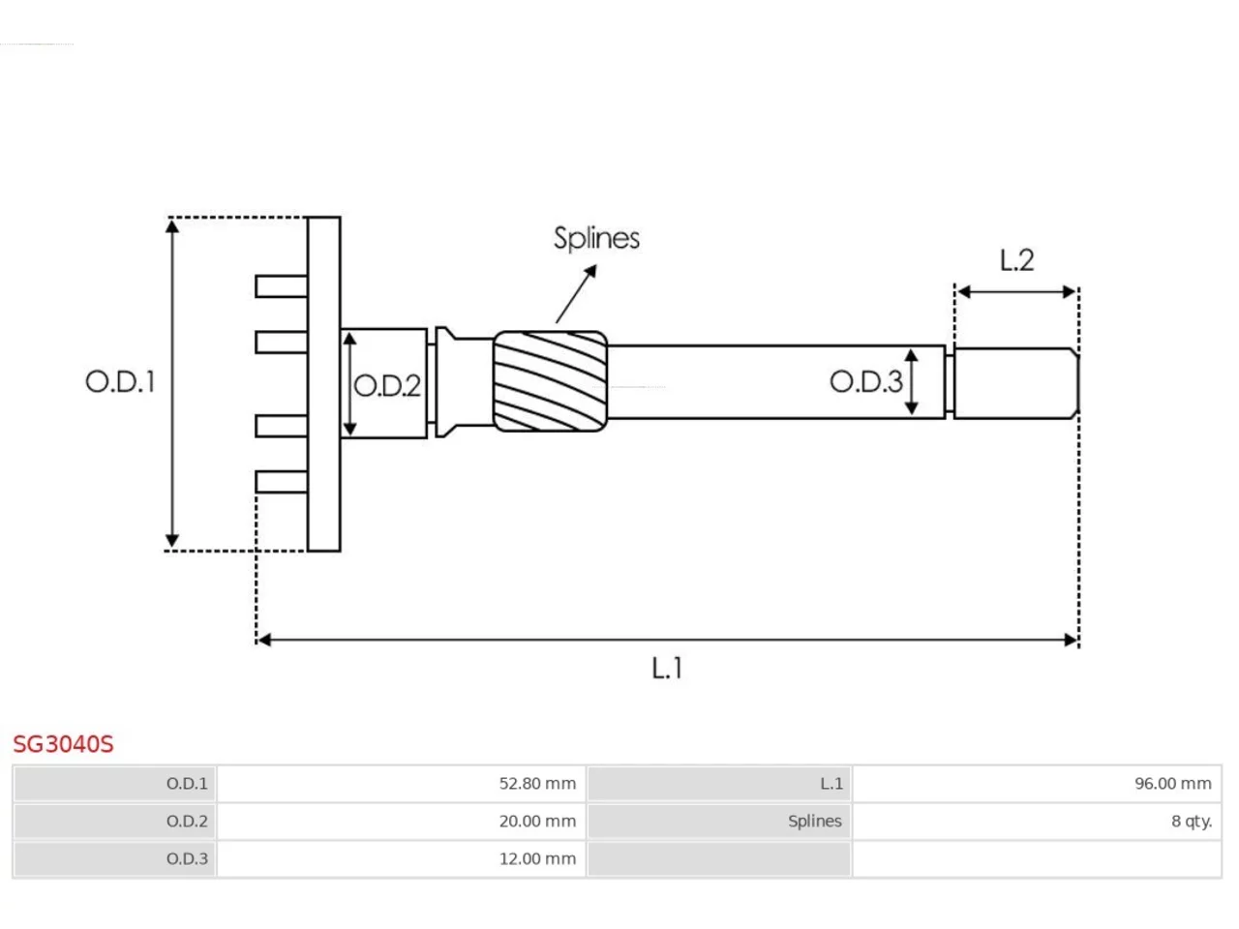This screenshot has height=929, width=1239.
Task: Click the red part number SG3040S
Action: point(63,744)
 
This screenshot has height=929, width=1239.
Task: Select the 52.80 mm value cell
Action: point(401,784)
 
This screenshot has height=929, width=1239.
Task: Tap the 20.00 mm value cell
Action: point(401,822)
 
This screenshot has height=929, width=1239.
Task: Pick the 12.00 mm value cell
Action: point(401,859)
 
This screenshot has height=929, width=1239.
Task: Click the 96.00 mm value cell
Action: point(1037,784)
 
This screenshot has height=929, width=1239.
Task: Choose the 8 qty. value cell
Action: point(1037,822)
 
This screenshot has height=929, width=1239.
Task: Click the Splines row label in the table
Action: point(718,822)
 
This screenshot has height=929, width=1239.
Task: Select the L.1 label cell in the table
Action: point(718,784)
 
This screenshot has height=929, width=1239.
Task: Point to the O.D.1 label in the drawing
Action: point(120,382)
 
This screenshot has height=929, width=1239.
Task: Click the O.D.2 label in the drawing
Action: point(386,386)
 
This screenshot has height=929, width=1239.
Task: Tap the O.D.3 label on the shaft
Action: point(866,382)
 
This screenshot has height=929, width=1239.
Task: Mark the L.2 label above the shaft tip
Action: point(1016,260)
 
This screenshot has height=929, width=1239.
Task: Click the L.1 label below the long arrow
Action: point(667,669)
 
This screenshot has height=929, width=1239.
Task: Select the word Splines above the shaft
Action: point(596,239)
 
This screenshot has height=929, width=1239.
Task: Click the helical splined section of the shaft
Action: point(551,381)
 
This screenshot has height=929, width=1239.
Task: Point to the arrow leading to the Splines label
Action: point(576,293)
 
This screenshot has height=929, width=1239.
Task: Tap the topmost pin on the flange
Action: point(281,286)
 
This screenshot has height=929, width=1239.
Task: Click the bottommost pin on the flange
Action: point(281,482)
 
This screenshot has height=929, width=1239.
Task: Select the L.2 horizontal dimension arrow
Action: point(1016,291)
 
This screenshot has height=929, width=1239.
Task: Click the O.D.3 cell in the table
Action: point(114,859)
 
